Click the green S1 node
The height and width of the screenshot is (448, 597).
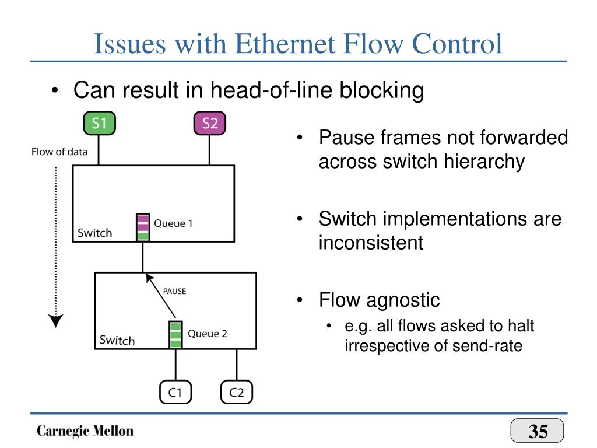pos(100,123)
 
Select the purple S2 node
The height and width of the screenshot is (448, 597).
pos(209,123)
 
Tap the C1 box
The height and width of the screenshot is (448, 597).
pos(175,393)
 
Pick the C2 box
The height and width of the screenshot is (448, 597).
pos(236,393)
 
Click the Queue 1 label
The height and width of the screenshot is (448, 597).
pos(173,223)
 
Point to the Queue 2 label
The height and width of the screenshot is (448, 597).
pos(207,334)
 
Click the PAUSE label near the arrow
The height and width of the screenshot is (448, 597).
pos(174,291)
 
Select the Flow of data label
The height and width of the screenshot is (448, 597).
pos(59,152)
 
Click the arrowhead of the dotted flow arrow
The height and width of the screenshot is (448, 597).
pos(56,321)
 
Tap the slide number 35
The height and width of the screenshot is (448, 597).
pos(538,432)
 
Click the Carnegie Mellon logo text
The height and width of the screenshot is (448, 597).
pos(85,431)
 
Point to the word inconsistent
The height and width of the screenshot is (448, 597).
pos(371,242)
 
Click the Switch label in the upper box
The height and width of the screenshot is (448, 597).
pos(95,233)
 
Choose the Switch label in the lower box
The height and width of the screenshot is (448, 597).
pos(117,340)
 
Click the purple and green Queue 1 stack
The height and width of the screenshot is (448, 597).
pos(142,228)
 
